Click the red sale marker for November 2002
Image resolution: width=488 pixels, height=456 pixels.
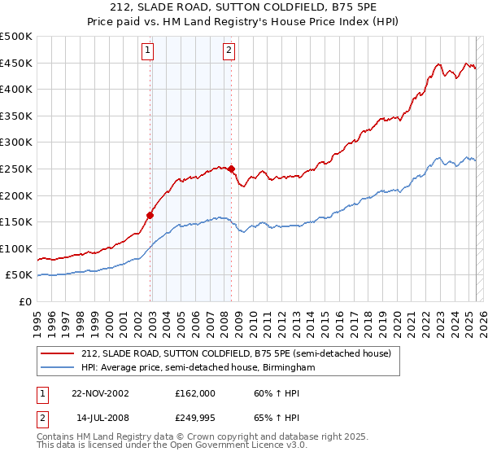click(150, 216)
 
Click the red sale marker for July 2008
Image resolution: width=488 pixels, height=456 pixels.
click(231, 169)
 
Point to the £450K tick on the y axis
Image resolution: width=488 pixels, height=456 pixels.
click(16, 64)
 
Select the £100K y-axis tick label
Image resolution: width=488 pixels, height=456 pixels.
click(16, 248)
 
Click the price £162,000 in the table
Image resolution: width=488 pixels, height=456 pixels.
click(194, 392)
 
